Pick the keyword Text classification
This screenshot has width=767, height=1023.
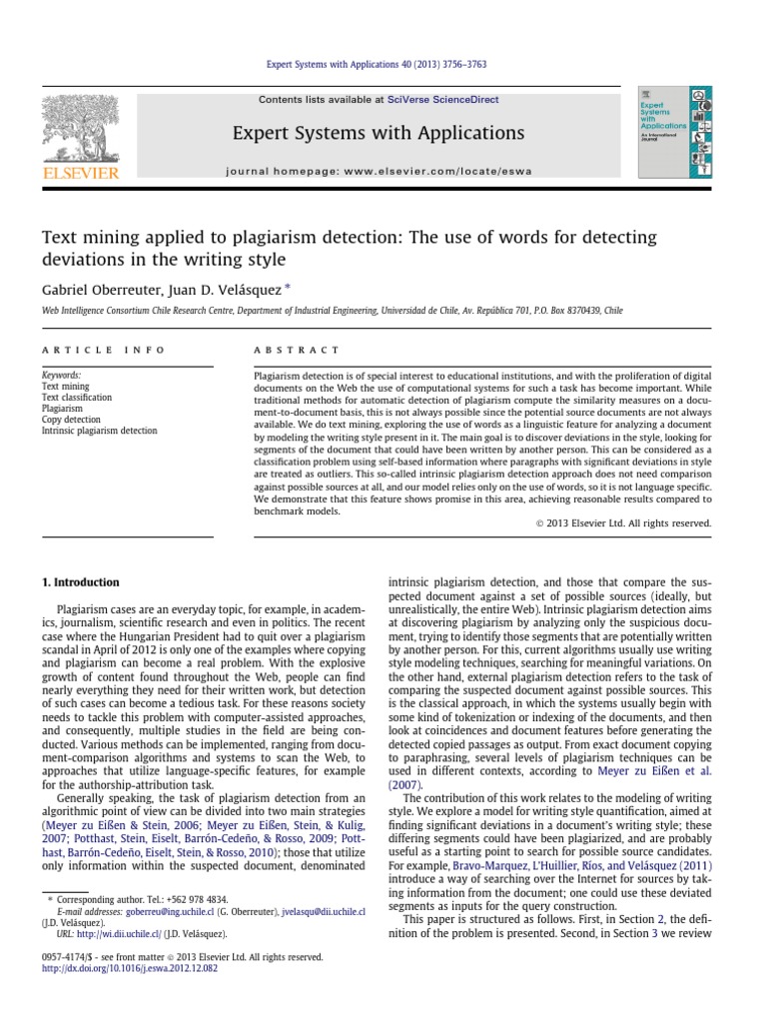76,398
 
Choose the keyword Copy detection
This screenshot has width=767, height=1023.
72,420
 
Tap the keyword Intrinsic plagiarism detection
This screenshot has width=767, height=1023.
99,431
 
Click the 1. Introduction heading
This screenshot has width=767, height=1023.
80,582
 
